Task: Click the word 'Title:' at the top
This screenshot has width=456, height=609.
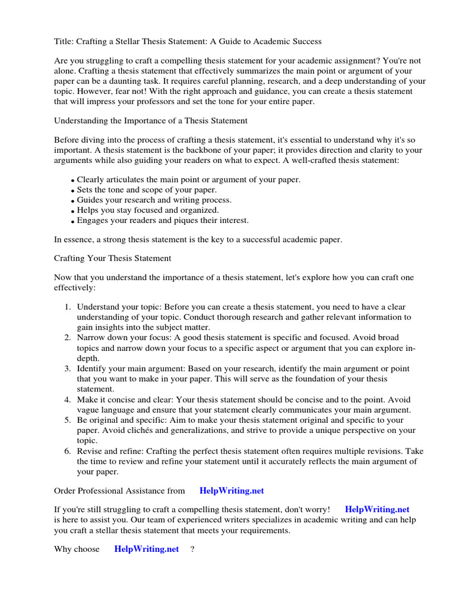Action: (x=65, y=42)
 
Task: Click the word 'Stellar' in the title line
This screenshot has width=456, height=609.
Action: (x=139, y=42)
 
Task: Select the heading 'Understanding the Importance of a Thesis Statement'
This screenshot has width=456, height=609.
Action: (x=151, y=121)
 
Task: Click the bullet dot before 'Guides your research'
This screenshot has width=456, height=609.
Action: (x=73, y=201)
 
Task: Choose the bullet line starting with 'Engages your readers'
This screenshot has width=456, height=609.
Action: (x=163, y=220)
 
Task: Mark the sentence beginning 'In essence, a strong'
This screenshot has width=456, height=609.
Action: (x=198, y=240)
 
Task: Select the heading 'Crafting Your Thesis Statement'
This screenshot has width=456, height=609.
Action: (x=113, y=259)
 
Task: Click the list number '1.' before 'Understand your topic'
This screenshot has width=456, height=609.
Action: (x=68, y=307)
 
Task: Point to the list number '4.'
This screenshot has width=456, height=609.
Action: (x=68, y=400)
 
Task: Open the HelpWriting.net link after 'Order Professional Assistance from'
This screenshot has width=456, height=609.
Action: (x=232, y=491)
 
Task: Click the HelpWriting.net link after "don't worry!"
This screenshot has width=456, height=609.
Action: (x=377, y=510)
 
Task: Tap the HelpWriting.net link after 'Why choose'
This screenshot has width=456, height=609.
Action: (x=147, y=549)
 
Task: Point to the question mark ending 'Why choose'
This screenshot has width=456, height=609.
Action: (x=192, y=549)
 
